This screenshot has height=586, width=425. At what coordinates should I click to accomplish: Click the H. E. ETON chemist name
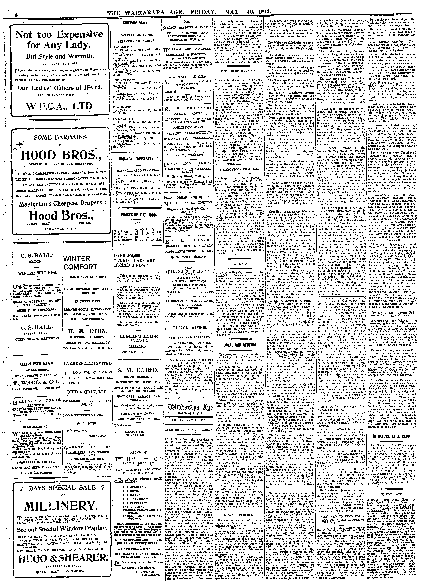tap(86, 331)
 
